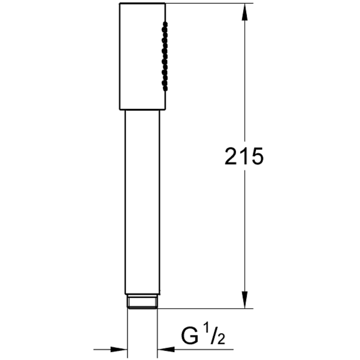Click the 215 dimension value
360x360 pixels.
click(x=244, y=156)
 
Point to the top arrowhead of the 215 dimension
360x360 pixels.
click(x=245, y=12)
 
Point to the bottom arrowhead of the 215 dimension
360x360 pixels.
click(x=245, y=300)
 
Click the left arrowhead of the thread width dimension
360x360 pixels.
click(x=119, y=350)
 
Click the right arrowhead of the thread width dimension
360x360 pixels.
click(x=166, y=350)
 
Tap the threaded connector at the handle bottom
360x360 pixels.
click(x=143, y=301)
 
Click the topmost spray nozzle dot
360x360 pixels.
click(x=165, y=24)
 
